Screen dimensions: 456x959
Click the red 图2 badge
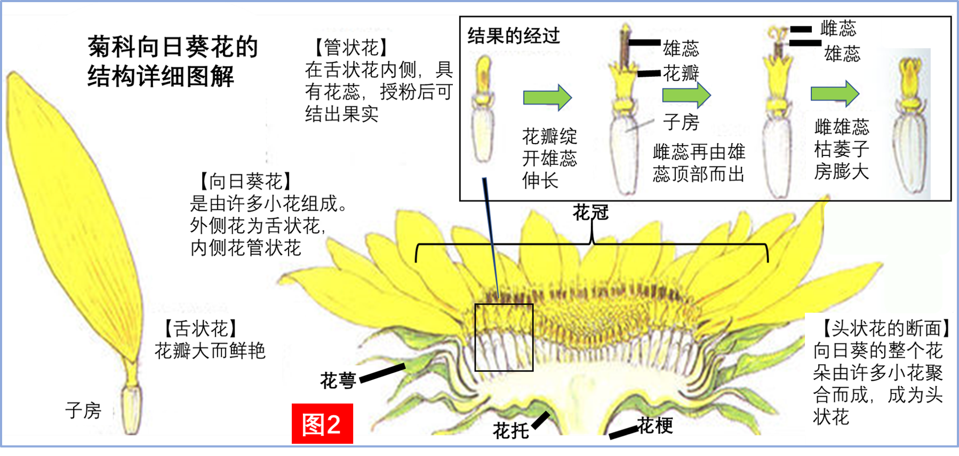322,424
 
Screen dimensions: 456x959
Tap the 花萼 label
338,380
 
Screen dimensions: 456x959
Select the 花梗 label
655,426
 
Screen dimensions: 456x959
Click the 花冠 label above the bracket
590,213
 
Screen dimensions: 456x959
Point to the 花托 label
510,429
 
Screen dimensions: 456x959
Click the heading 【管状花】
350,47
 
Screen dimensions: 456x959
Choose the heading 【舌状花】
200,328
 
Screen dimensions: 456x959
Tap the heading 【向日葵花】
245,182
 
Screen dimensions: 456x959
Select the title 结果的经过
514,36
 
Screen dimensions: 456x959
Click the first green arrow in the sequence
547,97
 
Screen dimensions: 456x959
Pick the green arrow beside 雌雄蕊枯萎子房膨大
835,93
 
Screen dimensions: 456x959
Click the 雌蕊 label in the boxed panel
838,28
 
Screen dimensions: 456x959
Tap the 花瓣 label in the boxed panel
681,73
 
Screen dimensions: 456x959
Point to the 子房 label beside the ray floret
83,411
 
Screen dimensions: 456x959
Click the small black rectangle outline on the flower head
504,337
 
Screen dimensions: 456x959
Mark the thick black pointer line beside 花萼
382,373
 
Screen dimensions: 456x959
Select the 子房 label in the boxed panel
681,122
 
